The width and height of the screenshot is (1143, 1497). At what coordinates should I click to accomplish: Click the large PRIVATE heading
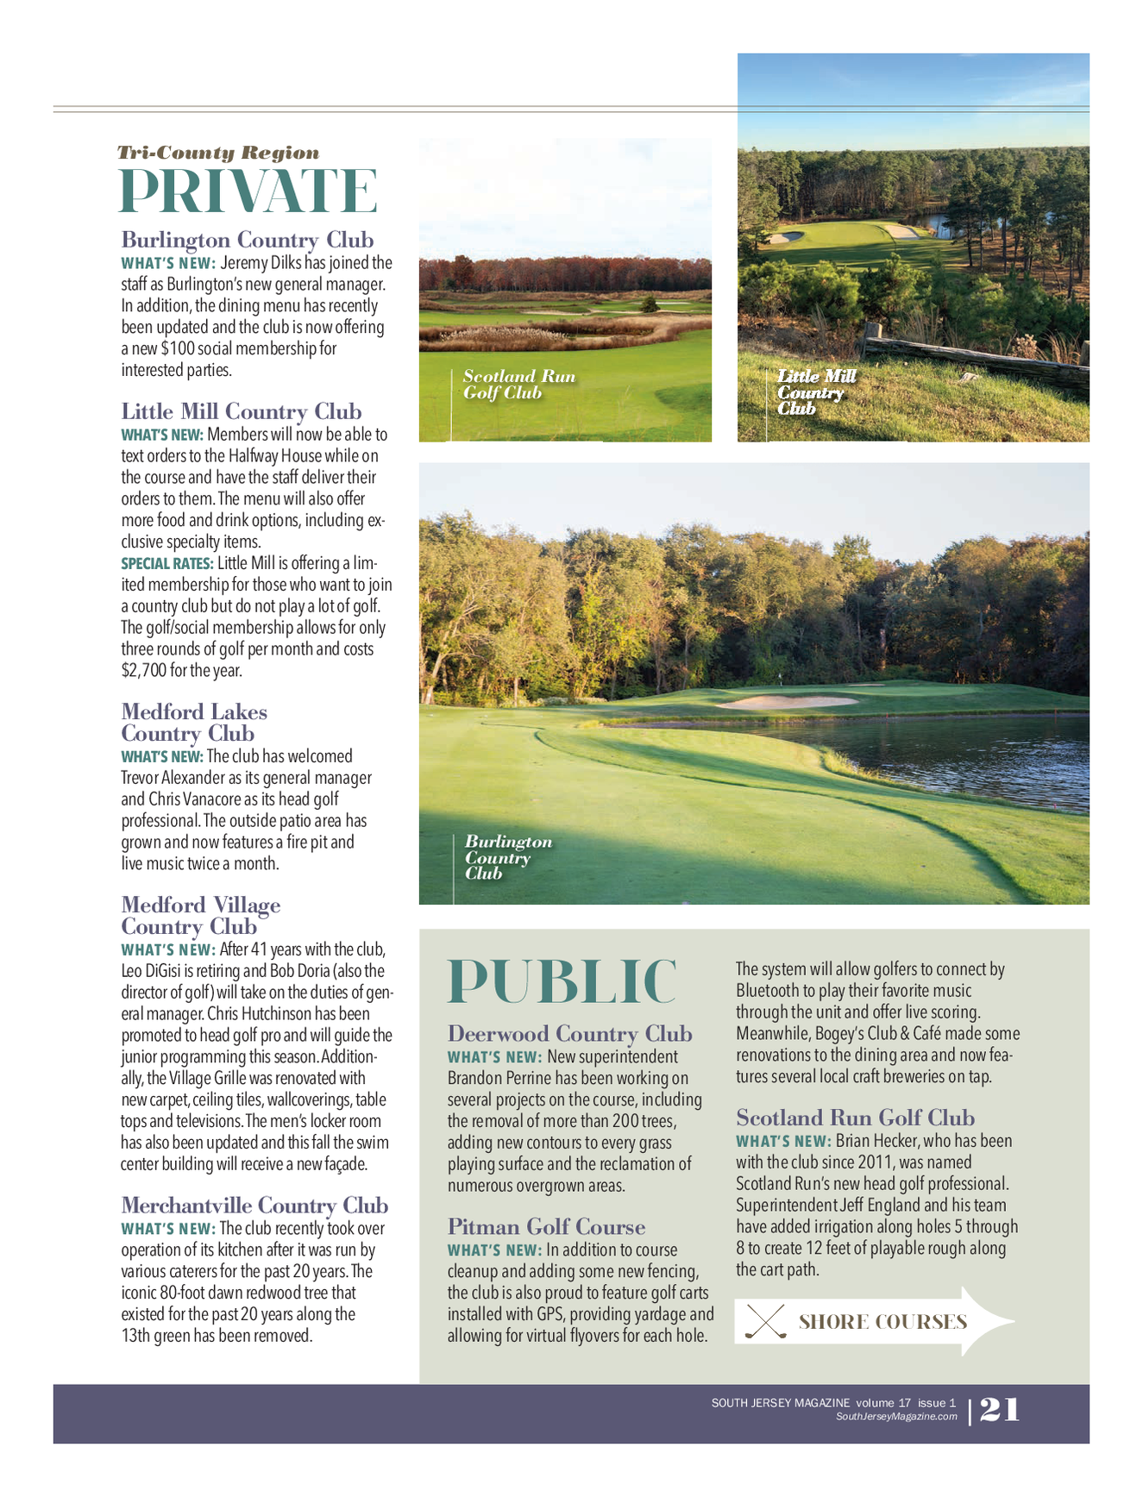248,191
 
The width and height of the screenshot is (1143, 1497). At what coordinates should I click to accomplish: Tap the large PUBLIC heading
562,981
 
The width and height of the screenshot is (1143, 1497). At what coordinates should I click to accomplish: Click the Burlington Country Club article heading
247,240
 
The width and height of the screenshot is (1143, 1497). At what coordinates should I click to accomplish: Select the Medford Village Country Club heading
200,916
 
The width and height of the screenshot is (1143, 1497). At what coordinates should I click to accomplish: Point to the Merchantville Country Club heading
254,1205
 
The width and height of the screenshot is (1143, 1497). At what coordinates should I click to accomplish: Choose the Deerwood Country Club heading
569,1033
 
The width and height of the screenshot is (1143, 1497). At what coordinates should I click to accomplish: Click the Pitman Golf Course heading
545,1226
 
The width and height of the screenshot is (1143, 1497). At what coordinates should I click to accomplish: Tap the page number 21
1000,1410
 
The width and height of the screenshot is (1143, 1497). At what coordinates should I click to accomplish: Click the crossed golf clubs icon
765,1321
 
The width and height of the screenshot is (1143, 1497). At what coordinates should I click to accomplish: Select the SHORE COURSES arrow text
882,1322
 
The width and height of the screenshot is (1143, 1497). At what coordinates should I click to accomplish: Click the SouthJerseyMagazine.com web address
896,1417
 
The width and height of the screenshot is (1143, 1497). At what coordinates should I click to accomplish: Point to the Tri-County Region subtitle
218,153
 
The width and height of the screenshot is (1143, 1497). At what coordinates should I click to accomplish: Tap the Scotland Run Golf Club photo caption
518,385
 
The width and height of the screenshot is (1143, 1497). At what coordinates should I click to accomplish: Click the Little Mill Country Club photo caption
815,392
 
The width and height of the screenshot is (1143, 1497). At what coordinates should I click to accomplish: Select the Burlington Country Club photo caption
507,857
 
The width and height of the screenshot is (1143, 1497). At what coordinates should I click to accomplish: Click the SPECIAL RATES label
166,564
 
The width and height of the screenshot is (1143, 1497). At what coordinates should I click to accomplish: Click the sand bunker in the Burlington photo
786,702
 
